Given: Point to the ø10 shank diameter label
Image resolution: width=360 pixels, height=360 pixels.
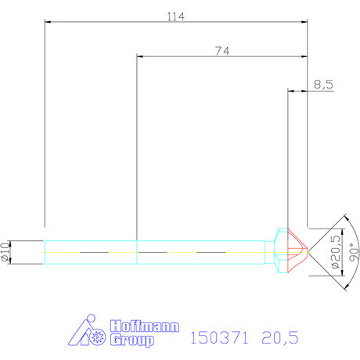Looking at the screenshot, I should [x=7, y=252].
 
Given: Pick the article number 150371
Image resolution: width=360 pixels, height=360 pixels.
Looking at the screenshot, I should [x=219, y=337].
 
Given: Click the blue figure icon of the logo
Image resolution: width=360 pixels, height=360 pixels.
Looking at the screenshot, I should [x=85, y=333].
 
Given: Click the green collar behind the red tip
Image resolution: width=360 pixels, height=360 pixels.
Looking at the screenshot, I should [x=279, y=251].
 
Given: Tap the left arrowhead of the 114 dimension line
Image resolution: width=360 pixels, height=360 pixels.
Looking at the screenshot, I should [x=48, y=23].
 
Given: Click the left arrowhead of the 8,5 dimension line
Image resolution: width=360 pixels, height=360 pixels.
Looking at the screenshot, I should [x=292, y=92].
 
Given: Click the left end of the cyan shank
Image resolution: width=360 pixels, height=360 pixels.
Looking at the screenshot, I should [x=45, y=252].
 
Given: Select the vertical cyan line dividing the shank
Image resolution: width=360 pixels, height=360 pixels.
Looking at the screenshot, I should [x=137, y=252].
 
